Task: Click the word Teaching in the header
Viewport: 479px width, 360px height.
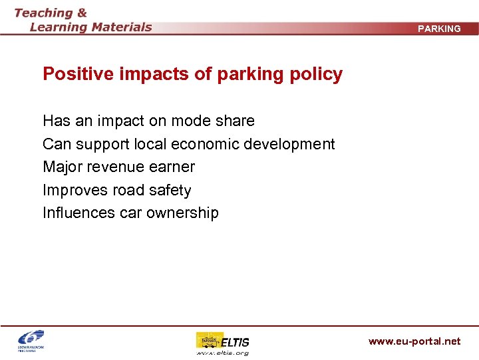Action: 43,13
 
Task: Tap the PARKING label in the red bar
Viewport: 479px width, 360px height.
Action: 439,29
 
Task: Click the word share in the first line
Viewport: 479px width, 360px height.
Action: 234,121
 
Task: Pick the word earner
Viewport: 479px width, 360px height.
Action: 172,167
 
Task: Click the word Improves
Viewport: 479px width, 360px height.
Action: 75,190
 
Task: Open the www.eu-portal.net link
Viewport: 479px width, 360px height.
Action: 414,341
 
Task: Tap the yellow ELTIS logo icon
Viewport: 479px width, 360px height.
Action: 208,341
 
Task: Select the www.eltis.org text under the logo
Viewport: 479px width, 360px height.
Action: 222,353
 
